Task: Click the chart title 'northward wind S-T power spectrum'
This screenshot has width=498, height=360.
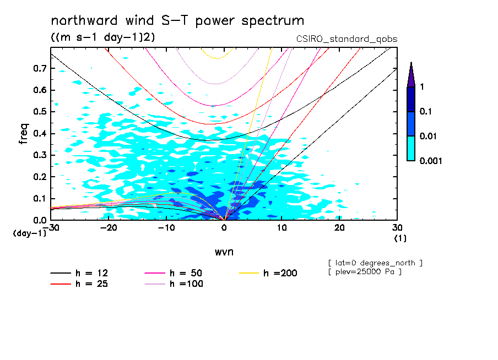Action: tap(177, 21)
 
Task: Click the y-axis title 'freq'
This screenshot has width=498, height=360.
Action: tap(24, 134)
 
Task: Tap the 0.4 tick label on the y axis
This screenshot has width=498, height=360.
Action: tap(39, 134)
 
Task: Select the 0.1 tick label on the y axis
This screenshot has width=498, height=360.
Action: tap(39, 199)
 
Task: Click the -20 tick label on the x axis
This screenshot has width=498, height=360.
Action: tap(108, 228)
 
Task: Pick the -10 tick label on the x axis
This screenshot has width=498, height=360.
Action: tap(166, 228)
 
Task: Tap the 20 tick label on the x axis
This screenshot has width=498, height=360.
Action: tap(339, 228)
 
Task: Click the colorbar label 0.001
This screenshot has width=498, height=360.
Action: tap(431, 161)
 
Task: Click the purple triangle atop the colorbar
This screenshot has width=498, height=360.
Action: tap(411, 74)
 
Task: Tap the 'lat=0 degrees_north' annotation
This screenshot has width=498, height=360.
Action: tap(375, 263)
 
